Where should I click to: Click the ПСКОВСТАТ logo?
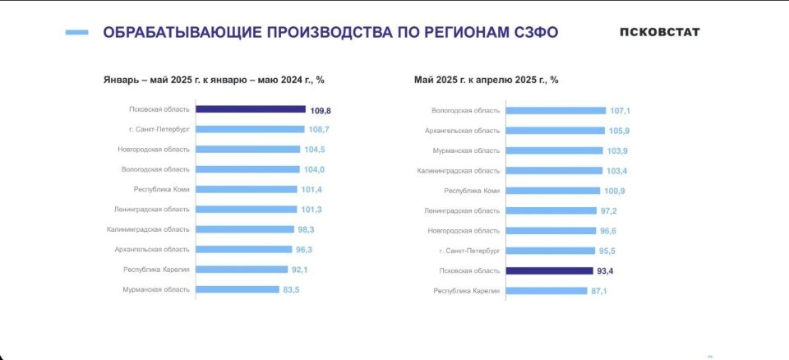(x=659, y=32)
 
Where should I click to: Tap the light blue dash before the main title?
(x=76, y=33)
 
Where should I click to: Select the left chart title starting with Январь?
(x=214, y=80)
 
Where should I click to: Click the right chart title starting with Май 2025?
(x=487, y=80)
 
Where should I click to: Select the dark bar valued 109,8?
(x=251, y=109)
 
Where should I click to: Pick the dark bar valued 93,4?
(x=549, y=270)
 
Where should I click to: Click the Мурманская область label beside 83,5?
(x=156, y=289)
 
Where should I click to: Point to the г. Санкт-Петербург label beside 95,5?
(x=469, y=250)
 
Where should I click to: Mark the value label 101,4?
(x=311, y=189)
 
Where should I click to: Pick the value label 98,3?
(x=307, y=229)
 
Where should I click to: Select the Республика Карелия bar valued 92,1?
(x=242, y=270)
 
